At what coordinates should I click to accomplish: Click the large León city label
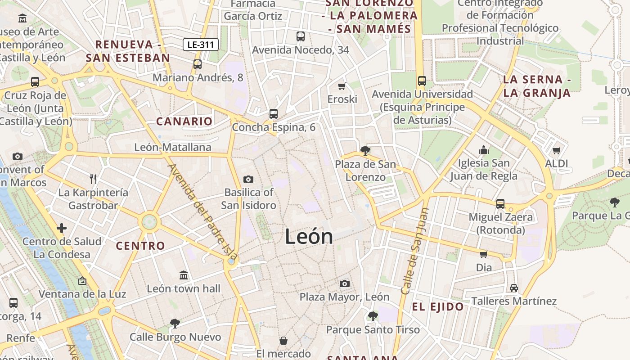[309, 237]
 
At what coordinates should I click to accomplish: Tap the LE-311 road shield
[201, 45]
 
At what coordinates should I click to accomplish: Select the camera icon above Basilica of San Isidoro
[248, 180]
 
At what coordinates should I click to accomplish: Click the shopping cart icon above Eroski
[342, 86]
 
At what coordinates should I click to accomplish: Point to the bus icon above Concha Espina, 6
[274, 114]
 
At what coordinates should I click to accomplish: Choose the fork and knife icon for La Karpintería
[93, 179]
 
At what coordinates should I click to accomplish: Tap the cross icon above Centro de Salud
[62, 228]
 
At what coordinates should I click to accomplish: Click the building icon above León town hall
[184, 275]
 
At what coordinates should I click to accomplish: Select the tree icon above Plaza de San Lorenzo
[365, 151]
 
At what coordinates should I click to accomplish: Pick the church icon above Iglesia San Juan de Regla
[484, 149]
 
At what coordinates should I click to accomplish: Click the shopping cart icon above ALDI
[557, 150]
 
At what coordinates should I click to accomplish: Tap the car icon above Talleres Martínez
[514, 288]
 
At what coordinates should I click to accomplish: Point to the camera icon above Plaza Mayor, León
[345, 283]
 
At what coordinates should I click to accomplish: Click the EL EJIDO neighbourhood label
[438, 307]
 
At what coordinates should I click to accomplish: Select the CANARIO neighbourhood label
[184, 121]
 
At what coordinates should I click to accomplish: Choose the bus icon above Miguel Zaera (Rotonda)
[500, 204]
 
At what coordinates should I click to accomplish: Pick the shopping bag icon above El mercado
[283, 340]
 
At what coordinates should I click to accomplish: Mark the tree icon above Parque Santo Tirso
[373, 316]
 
